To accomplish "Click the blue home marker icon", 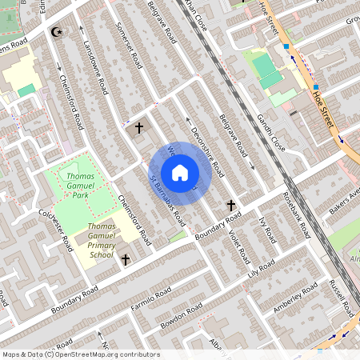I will [180, 172].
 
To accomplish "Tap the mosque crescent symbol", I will [56, 32].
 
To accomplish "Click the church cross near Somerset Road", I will [138, 127].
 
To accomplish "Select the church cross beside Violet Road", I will [231, 206].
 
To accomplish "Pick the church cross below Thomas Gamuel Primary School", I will [126, 259].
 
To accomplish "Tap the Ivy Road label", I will [268, 232].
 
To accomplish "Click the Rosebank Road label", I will [295, 215].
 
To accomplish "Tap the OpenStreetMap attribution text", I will [70, 354].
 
